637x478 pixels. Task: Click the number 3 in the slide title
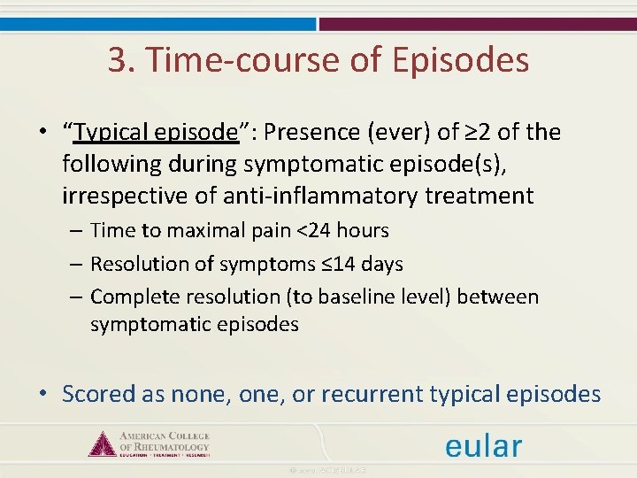[x=117, y=60]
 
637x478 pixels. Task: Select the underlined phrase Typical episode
[x=156, y=133]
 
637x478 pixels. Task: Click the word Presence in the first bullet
[x=305, y=133]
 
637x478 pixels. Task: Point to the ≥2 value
[x=479, y=133]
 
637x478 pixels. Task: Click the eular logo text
[x=484, y=445]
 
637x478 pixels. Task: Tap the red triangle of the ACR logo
[x=103, y=443]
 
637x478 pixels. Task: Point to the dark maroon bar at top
[x=478, y=25]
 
